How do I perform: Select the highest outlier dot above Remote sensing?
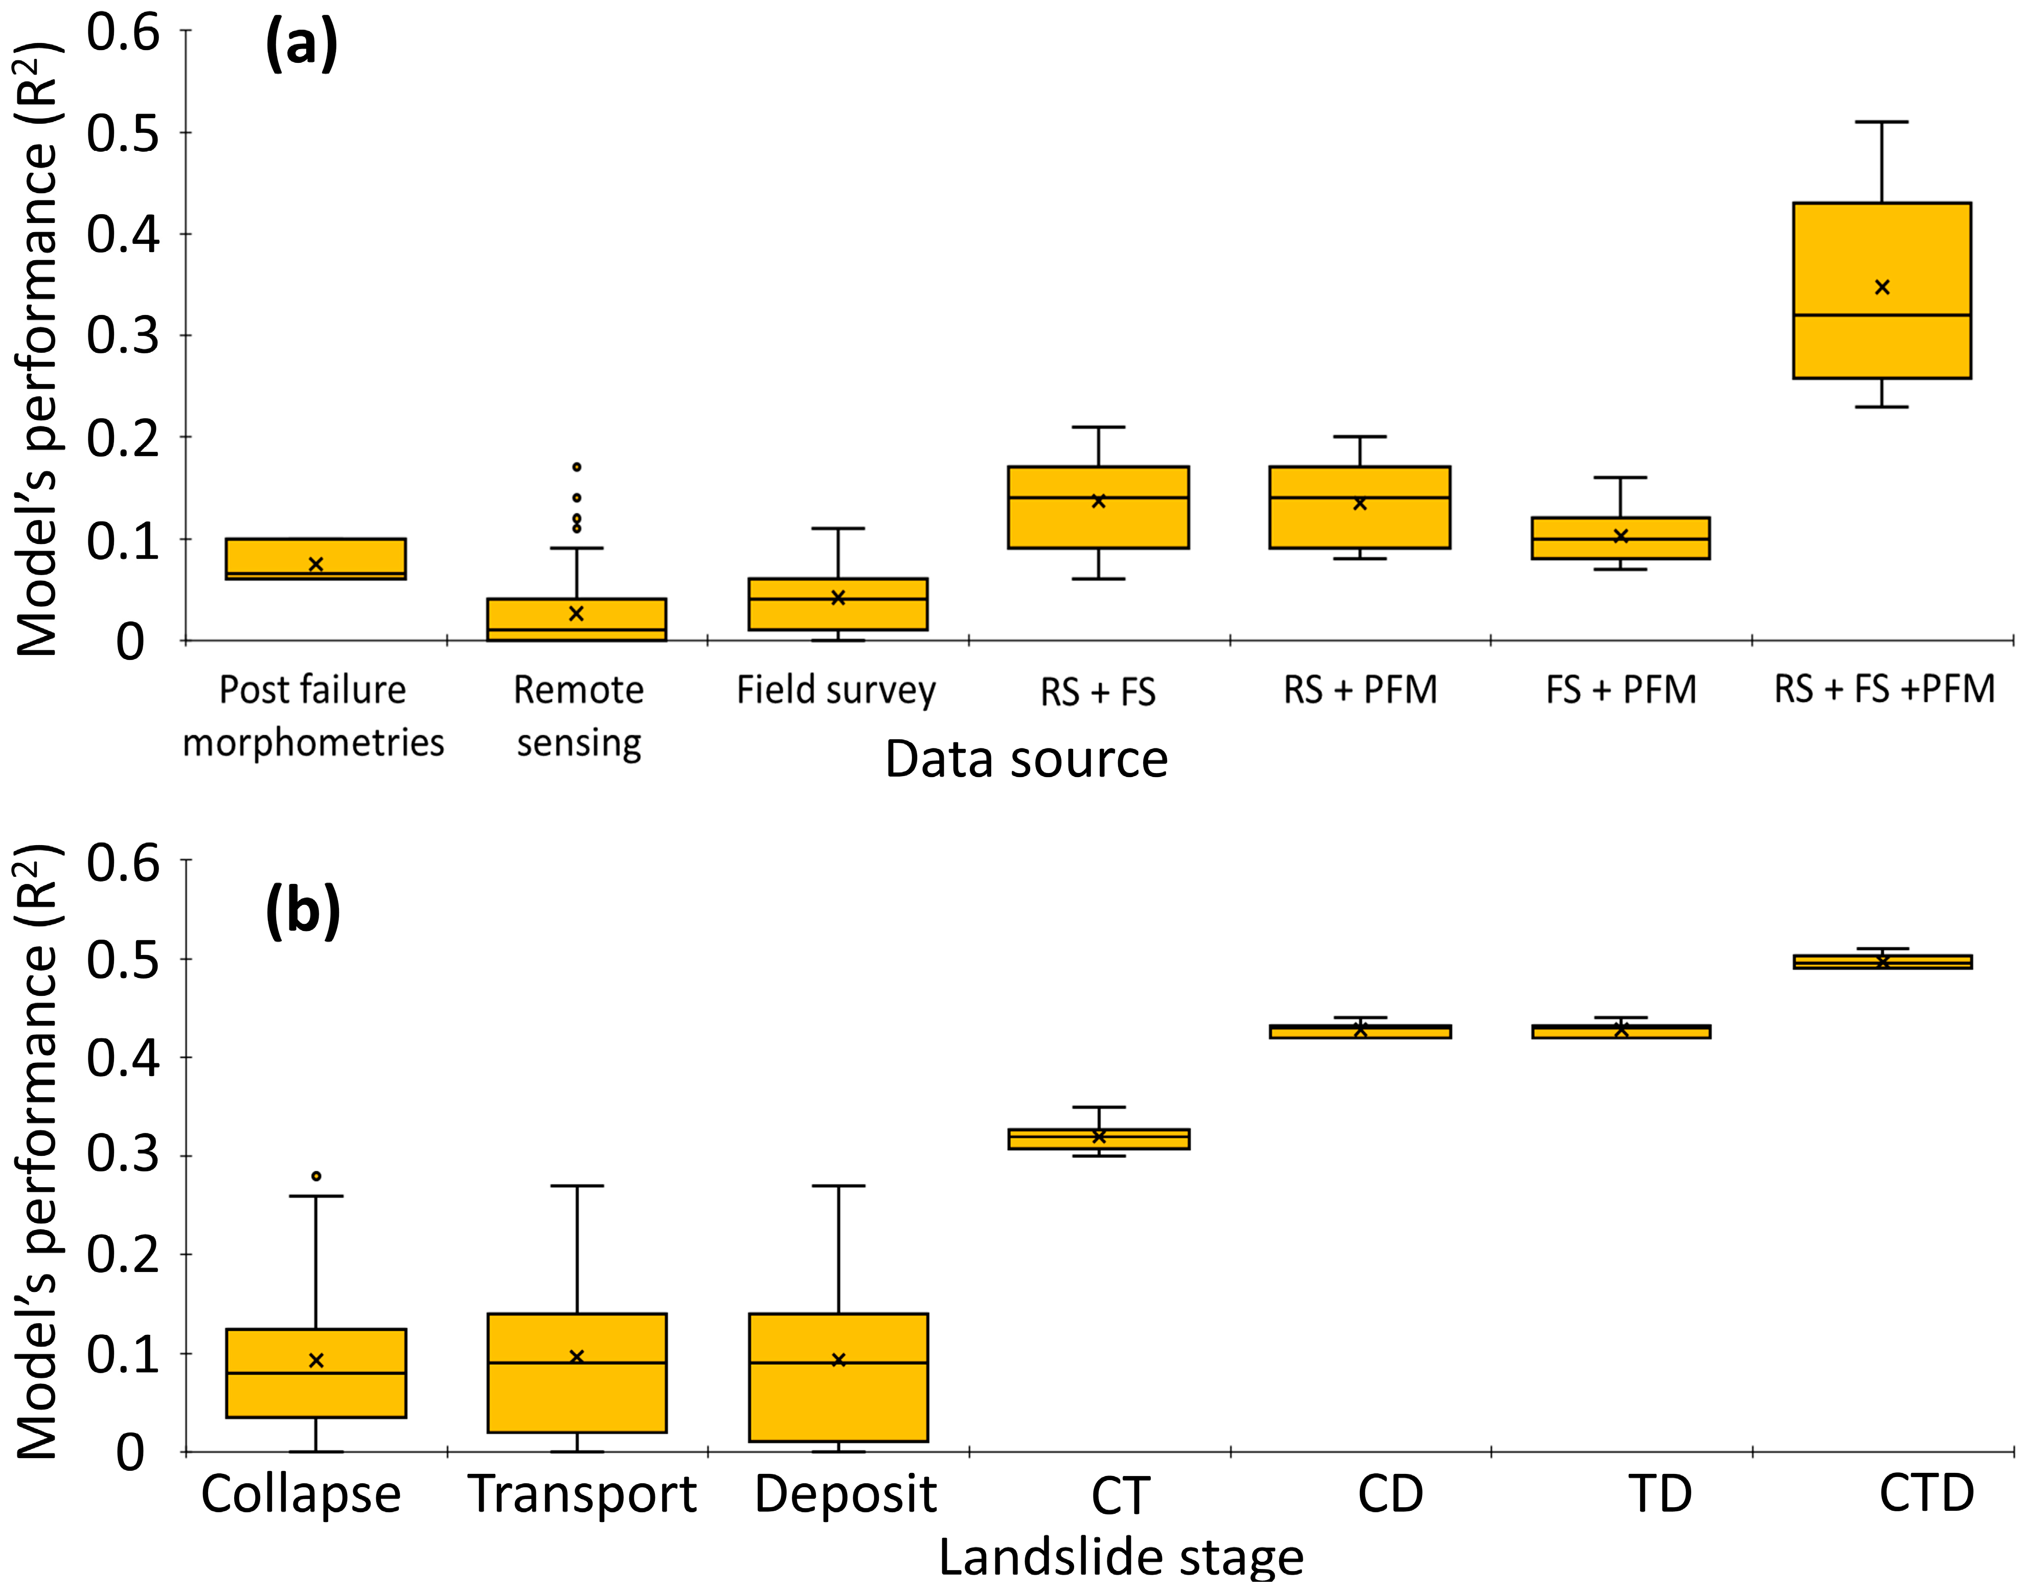pos(577,467)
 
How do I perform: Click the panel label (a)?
pos(301,44)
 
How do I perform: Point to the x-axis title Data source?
pos(1026,759)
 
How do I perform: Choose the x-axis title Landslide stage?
pos(1121,1557)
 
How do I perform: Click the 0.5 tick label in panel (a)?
pos(124,133)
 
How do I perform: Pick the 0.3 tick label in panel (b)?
pos(124,1155)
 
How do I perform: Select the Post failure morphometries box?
pos(316,559)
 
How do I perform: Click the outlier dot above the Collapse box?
pos(316,1176)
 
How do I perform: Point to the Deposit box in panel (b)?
pos(838,1379)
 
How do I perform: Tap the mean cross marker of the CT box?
pos(1099,1137)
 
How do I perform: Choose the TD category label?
pos(1660,1494)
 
